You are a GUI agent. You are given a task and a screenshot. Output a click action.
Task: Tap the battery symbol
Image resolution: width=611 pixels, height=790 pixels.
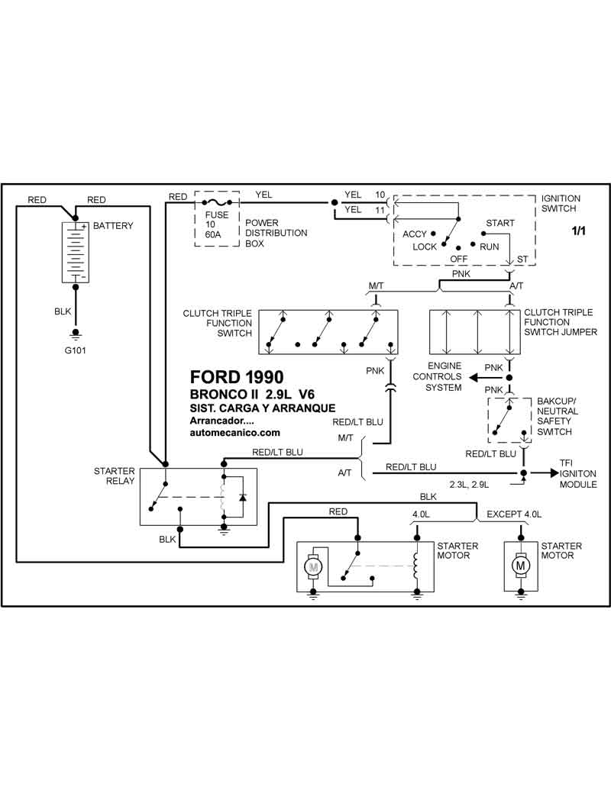point(76,253)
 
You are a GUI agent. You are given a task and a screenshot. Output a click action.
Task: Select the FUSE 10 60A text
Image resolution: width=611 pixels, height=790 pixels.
point(217,225)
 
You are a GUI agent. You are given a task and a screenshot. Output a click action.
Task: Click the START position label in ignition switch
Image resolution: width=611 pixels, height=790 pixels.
point(499,223)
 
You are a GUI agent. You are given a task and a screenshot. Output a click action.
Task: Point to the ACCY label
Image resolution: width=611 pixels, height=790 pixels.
point(415,234)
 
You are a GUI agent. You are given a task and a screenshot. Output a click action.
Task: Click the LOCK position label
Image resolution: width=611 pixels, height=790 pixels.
point(425,247)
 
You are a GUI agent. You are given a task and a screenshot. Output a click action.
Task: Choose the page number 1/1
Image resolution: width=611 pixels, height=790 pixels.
point(577,231)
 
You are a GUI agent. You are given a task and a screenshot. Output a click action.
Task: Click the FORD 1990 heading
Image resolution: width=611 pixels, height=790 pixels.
point(236,377)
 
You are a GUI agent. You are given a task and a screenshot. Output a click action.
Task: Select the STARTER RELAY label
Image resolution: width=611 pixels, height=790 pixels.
point(115,476)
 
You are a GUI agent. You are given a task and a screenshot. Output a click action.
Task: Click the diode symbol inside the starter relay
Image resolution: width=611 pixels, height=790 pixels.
point(242,497)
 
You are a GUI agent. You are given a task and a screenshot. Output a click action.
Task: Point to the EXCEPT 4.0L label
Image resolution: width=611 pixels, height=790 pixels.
point(514,514)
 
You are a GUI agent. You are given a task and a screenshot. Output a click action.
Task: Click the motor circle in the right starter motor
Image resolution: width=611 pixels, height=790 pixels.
point(521,566)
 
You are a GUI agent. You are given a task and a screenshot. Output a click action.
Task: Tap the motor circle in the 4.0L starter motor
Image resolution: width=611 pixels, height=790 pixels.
point(312,567)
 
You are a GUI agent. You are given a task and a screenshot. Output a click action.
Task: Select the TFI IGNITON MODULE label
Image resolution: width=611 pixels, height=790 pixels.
point(577,473)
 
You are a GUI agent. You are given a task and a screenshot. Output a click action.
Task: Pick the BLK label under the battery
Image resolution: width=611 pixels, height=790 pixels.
point(63,312)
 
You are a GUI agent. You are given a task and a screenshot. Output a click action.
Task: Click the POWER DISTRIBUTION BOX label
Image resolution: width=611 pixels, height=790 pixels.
point(276,233)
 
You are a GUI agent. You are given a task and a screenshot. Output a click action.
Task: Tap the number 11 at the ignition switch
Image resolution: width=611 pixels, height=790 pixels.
point(380,209)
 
